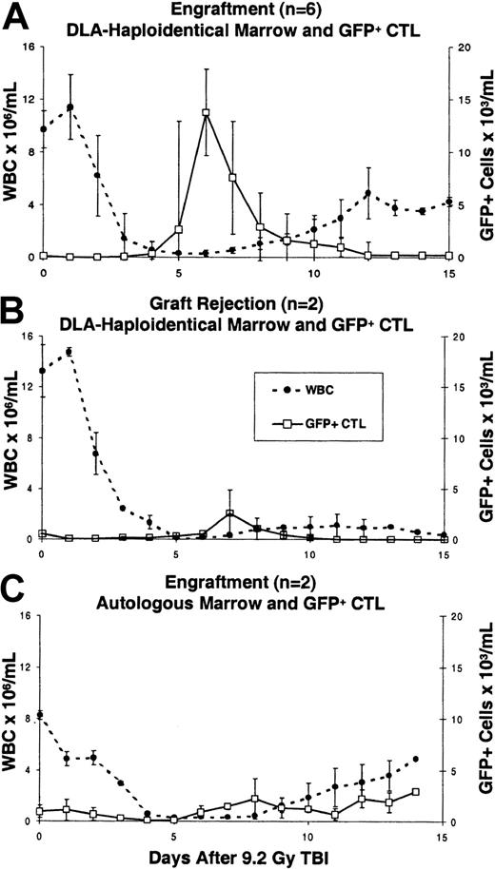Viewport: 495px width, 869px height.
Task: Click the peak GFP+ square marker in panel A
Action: (x=205, y=113)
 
